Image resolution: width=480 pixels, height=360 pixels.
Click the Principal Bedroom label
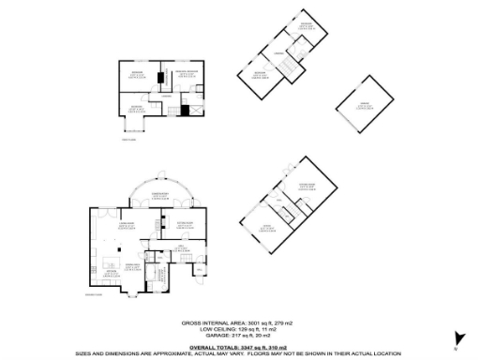point(185,74)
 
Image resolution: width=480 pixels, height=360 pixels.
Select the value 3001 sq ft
point(253,322)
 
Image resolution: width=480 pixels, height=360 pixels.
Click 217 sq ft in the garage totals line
point(236,334)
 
